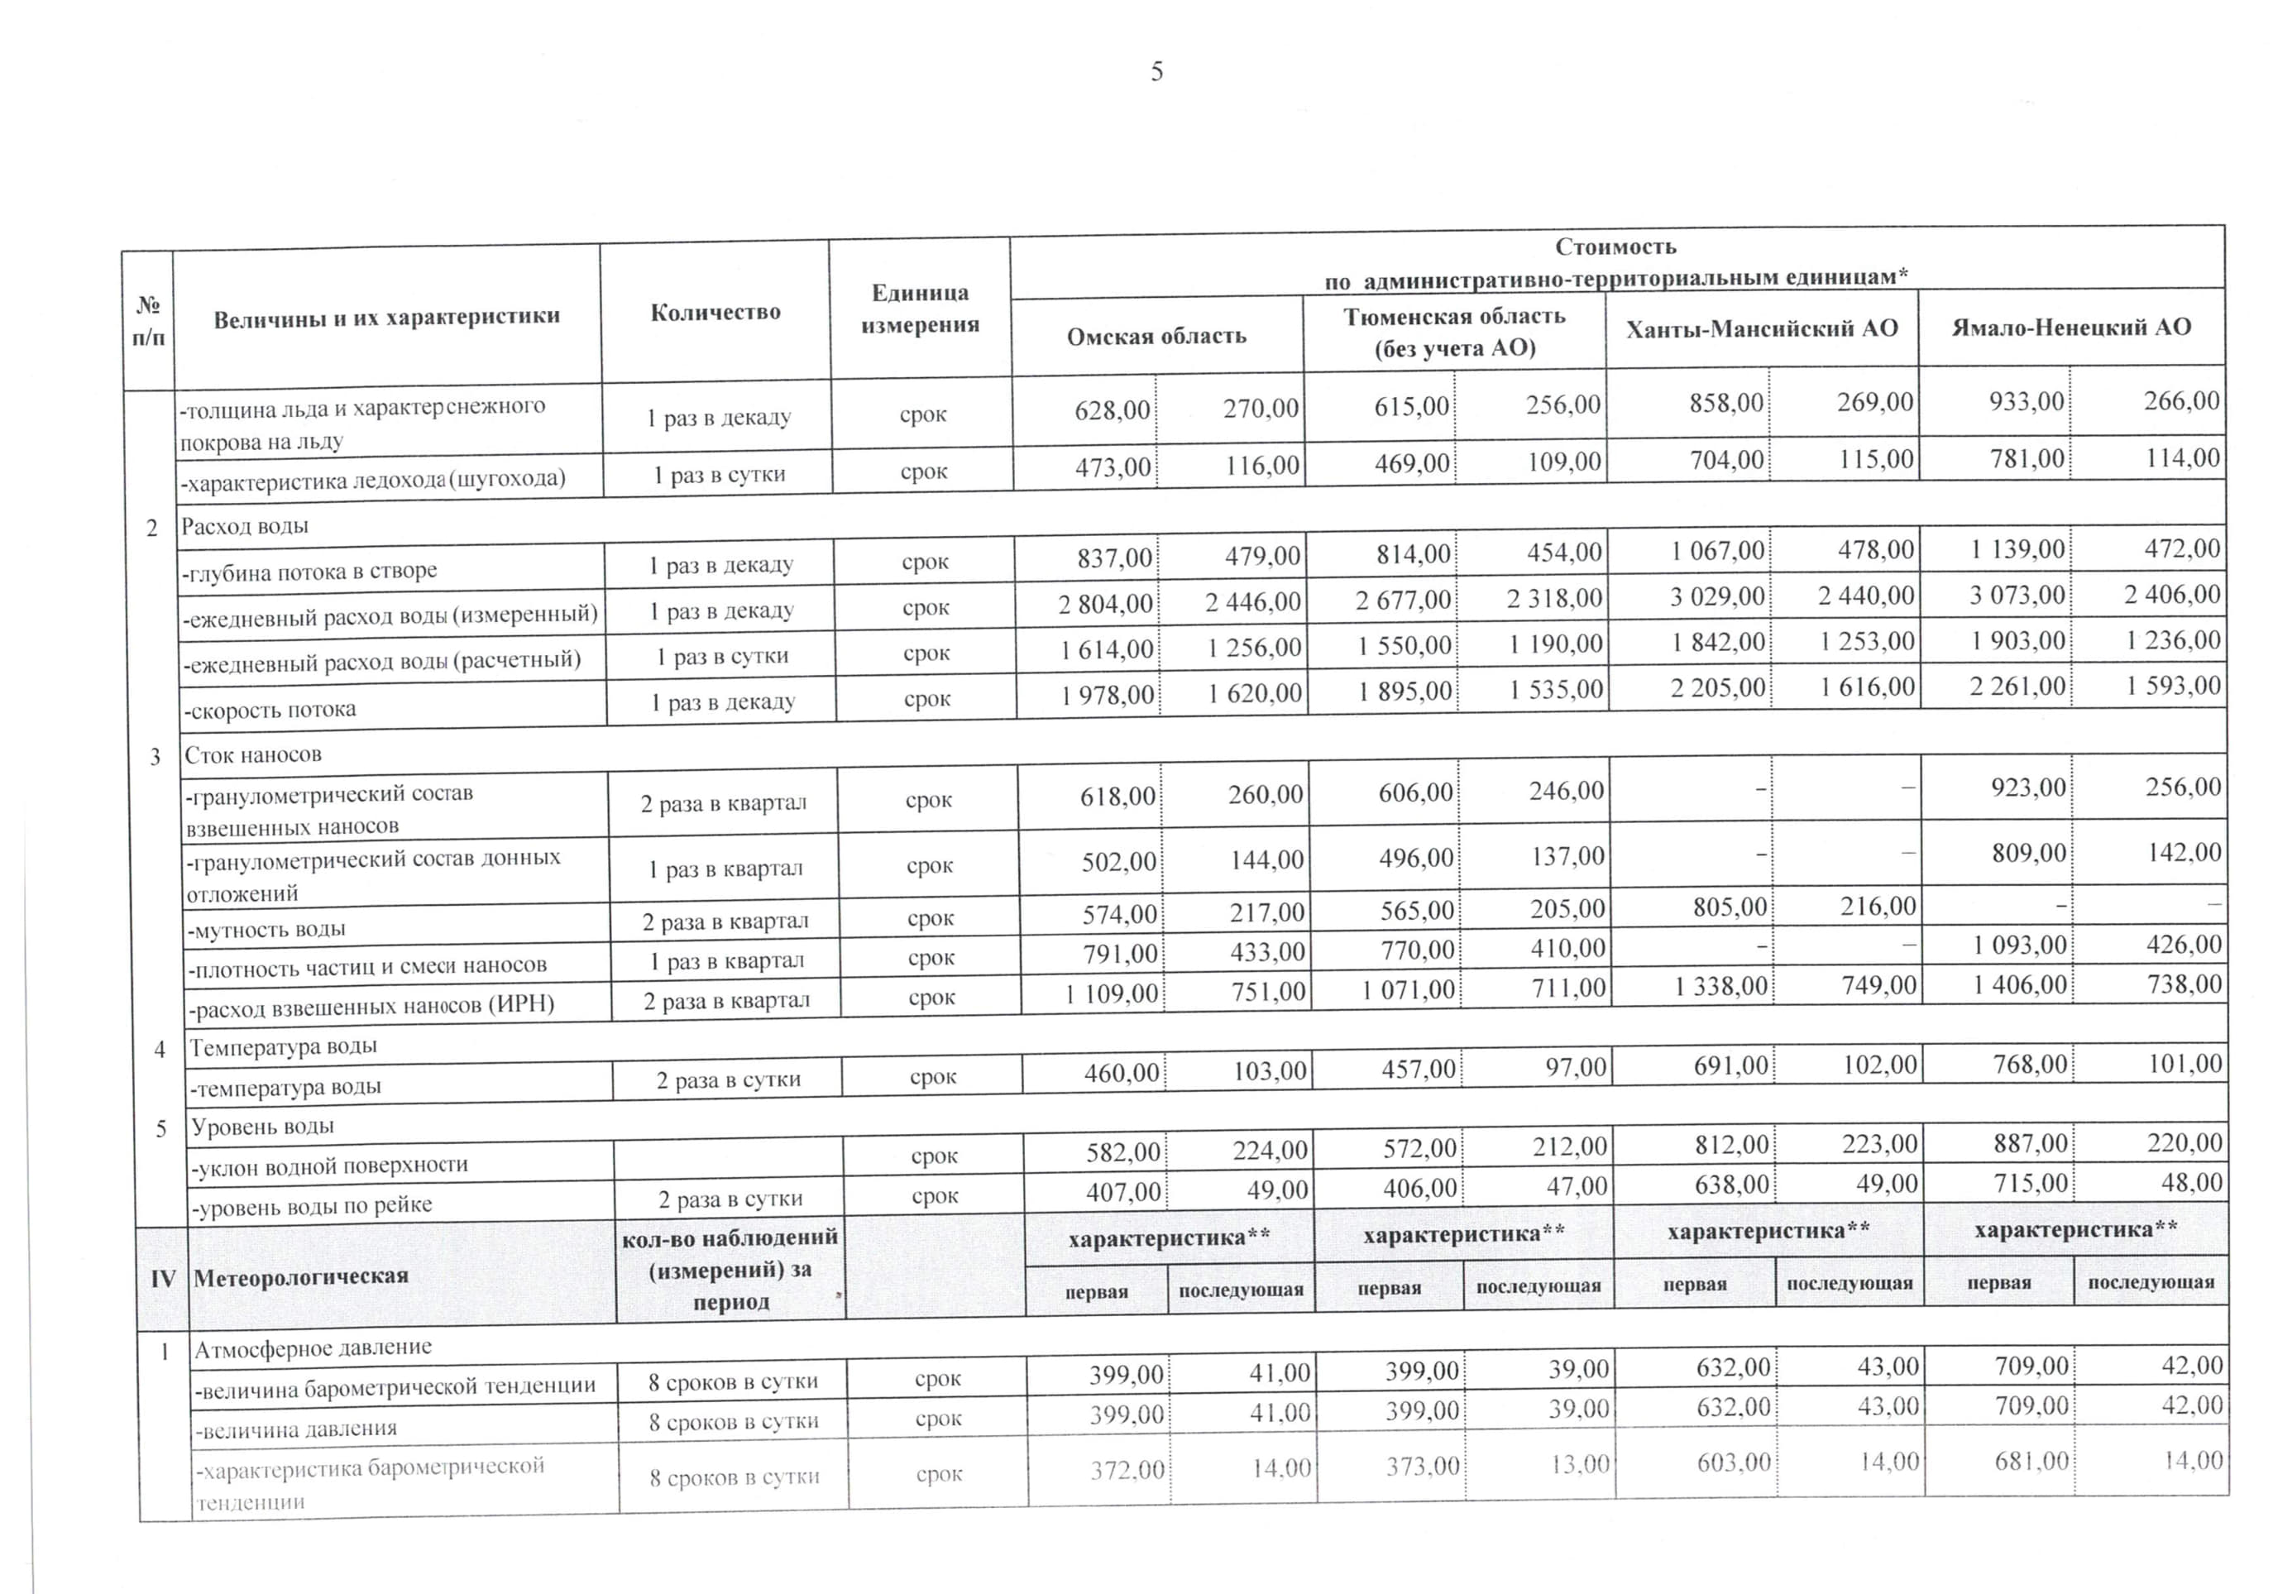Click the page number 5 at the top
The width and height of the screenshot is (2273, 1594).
(1156, 71)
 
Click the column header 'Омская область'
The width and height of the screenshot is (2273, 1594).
(1156, 337)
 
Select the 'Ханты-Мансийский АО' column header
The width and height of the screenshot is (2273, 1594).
(1761, 328)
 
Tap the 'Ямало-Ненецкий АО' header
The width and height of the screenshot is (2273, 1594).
(2071, 327)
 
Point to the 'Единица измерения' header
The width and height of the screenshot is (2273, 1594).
(920, 308)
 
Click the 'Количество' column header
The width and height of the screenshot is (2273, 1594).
(715, 312)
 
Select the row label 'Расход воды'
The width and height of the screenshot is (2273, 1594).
(245, 526)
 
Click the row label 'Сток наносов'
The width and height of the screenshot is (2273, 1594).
(253, 754)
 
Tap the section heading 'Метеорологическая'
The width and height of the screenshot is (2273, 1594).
(301, 1277)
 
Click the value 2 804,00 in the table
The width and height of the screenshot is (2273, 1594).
(1105, 603)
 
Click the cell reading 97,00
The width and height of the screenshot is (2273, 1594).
(1574, 1067)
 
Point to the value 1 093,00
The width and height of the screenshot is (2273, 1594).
(2020, 945)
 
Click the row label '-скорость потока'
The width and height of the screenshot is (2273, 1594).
(270, 710)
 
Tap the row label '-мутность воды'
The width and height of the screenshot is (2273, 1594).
(267, 930)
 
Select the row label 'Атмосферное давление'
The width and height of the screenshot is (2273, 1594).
(313, 1347)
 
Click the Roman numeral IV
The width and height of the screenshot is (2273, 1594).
(163, 1278)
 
